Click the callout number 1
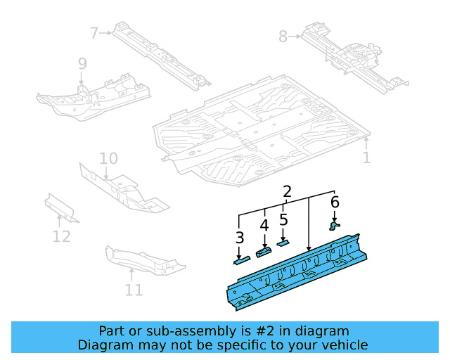pos(366,157)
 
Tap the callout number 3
pos(240,238)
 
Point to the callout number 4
pos(264,226)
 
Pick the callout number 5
pos(283,219)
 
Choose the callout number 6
pos(335,202)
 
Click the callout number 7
pos(95,32)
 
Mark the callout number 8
pos(283,35)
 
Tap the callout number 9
pos(82,64)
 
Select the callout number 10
pos(108,158)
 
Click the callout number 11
pos(134,290)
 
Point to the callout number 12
pos(62,236)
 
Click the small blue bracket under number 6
pos(335,226)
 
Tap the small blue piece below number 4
pos(264,252)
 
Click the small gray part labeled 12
pos(61,209)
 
